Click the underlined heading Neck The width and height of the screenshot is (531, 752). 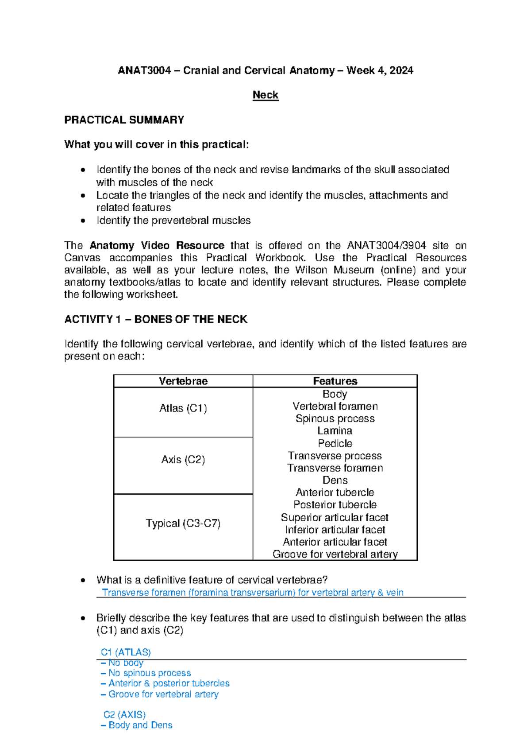[x=265, y=95]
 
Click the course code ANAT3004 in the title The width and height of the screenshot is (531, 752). [x=144, y=70]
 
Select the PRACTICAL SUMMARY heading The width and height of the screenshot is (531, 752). [x=124, y=120]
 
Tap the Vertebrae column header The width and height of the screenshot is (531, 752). [x=183, y=381]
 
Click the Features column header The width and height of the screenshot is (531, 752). [x=335, y=381]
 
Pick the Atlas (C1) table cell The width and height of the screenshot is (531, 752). [x=183, y=408]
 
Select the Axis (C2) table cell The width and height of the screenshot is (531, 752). [x=183, y=460]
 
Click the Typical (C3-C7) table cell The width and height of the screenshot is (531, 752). [x=183, y=523]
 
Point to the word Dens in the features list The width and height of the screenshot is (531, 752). [x=335, y=480]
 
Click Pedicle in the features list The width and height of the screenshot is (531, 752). [x=335, y=443]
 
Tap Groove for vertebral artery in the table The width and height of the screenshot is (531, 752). [x=335, y=554]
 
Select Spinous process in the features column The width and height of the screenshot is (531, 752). [x=335, y=419]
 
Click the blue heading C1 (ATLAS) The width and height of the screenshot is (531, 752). [x=126, y=652]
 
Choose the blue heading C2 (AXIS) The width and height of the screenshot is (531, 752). [x=124, y=715]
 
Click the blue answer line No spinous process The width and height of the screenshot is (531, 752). [x=150, y=673]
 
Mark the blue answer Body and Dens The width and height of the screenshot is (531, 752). [x=140, y=725]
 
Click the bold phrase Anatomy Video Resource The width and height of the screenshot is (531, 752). [x=157, y=245]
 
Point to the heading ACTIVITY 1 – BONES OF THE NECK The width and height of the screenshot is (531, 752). [x=156, y=319]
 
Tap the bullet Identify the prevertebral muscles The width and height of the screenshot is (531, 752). [x=173, y=221]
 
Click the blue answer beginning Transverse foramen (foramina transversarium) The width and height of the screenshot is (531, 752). [x=252, y=593]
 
